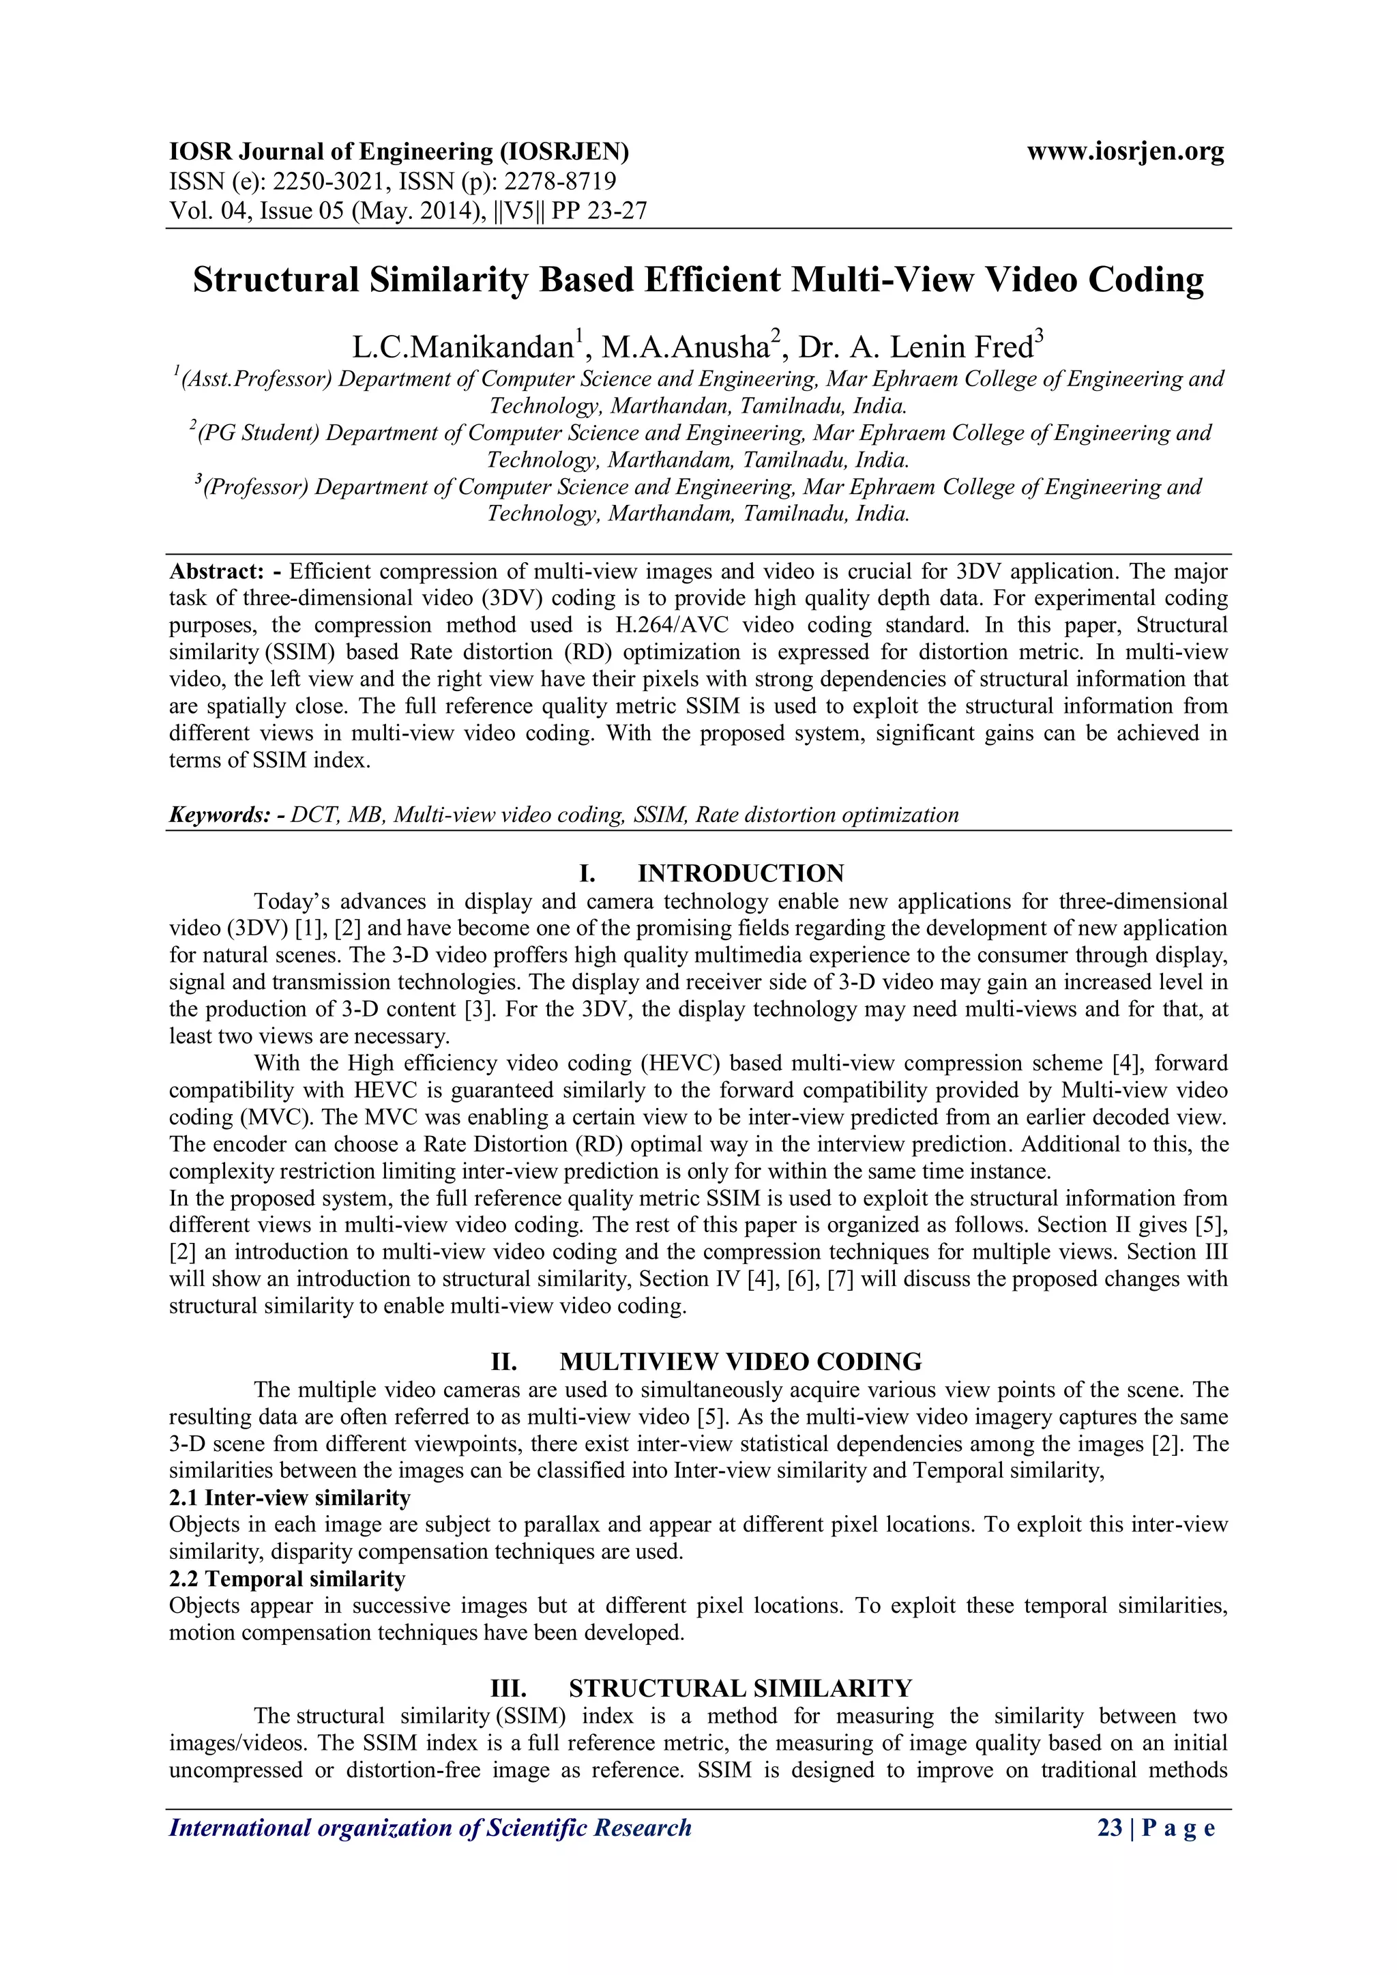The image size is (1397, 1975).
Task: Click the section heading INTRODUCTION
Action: [740, 874]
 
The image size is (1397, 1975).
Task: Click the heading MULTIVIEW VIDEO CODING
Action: [740, 1362]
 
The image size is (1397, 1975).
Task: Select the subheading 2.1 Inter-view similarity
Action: [290, 1497]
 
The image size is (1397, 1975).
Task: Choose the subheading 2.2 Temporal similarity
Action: [287, 1579]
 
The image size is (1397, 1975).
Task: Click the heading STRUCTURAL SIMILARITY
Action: [740, 1688]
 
